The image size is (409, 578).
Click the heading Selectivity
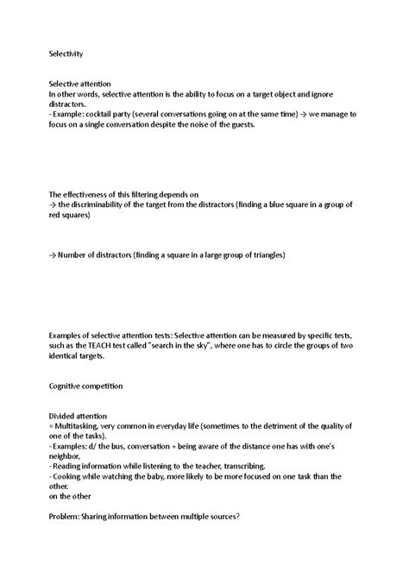point(66,53)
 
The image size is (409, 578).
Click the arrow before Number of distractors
point(53,255)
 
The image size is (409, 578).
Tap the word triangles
point(260,255)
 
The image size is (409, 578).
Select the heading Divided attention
point(78,415)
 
